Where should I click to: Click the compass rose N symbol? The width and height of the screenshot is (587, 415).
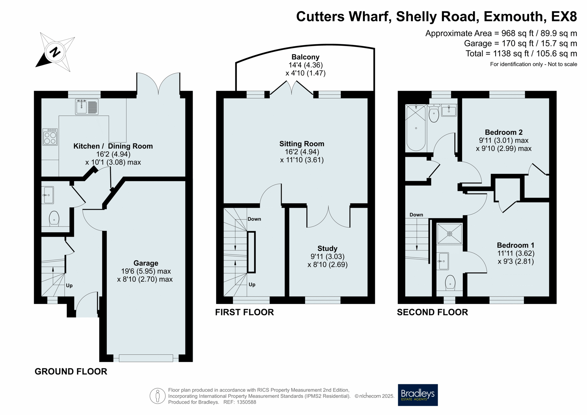pyautogui.click(x=55, y=52)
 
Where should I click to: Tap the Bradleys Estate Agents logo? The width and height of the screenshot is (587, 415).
pyautogui.click(x=418, y=395)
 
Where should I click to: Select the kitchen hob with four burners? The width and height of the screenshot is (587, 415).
pyautogui.click(x=50, y=137)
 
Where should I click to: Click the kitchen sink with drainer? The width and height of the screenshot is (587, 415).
pyautogui.click(x=87, y=107)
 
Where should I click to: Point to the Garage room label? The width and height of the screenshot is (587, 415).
pyautogui.click(x=146, y=263)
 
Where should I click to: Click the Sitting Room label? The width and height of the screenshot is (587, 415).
pyautogui.click(x=302, y=144)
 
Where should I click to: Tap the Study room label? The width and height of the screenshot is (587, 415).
pyautogui.click(x=327, y=248)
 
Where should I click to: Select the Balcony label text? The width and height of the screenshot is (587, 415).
pyautogui.click(x=305, y=57)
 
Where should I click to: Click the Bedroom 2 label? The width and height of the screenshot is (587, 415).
pyautogui.click(x=504, y=132)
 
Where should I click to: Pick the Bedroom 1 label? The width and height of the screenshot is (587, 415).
pyautogui.click(x=516, y=245)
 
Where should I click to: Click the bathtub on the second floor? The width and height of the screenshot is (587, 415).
pyautogui.click(x=416, y=128)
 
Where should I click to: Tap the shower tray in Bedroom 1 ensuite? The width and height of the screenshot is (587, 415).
pyautogui.click(x=449, y=234)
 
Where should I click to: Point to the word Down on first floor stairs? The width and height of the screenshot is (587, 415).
pyautogui.click(x=254, y=219)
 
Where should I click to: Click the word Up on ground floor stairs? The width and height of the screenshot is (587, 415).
pyautogui.click(x=69, y=285)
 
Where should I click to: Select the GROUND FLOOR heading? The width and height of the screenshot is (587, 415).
pyautogui.click(x=71, y=371)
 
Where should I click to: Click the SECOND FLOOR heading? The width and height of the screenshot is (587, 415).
pyautogui.click(x=432, y=312)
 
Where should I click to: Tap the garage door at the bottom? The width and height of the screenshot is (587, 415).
pyautogui.click(x=146, y=358)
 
